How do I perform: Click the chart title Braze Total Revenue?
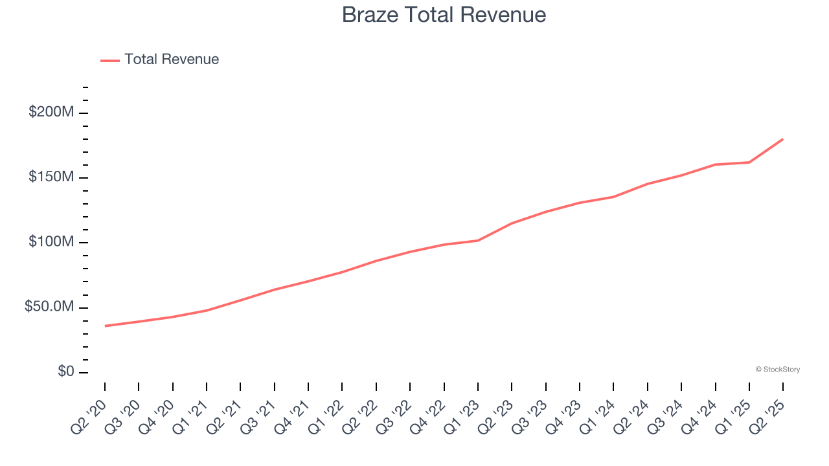(444, 15)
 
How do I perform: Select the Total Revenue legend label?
(172, 60)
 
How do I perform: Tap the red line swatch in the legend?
(110, 60)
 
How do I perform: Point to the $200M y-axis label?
(51, 112)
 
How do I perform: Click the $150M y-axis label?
(51, 177)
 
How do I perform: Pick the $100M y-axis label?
(51, 242)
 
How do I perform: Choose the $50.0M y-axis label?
(49, 307)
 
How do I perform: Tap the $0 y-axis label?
(65, 372)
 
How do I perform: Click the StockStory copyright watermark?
(777, 370)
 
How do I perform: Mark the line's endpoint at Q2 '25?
(783, 139)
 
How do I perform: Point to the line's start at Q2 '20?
(105, 326)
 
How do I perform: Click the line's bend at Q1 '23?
(478, 241)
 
